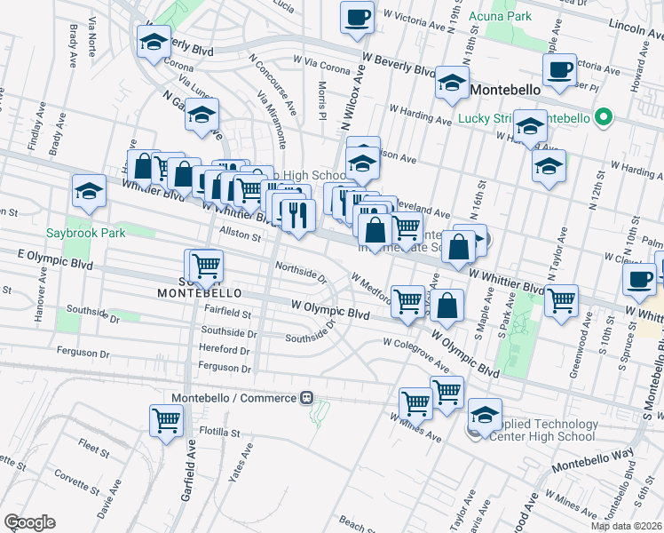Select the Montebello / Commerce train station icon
pyautogui.click(x=306, y=397)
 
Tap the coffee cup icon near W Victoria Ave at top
pyautogui.click(x=357, y=17)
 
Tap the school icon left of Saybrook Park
pyautogui.click(x=89, y=191)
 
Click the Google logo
pyautogui.click(x=29, y=521)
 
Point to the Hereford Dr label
pyautogui.click(x=227, y=349)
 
